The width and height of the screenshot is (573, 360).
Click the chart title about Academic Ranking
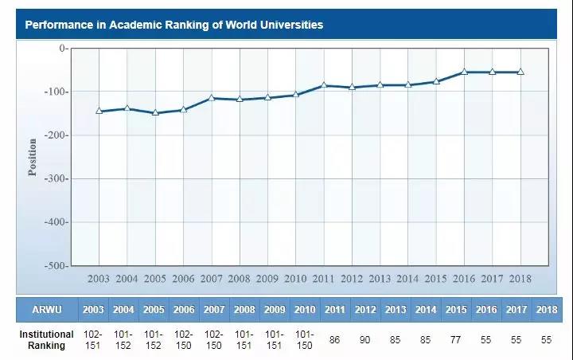(173, 25)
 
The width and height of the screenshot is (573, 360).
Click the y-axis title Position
(33, 157)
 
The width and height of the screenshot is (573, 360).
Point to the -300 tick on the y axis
(56, 178)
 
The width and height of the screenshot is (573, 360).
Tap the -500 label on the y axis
(56, 265)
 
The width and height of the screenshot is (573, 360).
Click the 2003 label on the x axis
(99, 279)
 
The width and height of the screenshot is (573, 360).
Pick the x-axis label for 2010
(295, 279)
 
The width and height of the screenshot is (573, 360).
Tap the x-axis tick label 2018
(520, 279)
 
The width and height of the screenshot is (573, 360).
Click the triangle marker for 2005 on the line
(155, 113)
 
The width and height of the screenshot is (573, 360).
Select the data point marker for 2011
(324, 85)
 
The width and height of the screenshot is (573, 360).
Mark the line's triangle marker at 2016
(464, 72)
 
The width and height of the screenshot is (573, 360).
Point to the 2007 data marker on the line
(212, 98)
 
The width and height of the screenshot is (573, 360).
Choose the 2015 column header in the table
(456, 309)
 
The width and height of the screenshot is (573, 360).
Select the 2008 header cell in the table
(244, 309)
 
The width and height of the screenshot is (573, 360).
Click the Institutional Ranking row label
(46, 340)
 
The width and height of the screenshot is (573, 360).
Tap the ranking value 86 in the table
(334, 340)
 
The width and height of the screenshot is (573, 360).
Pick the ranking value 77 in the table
(456, 340)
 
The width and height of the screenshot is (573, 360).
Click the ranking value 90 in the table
(365, 340)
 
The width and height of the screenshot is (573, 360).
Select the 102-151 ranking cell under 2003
(92, 340)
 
